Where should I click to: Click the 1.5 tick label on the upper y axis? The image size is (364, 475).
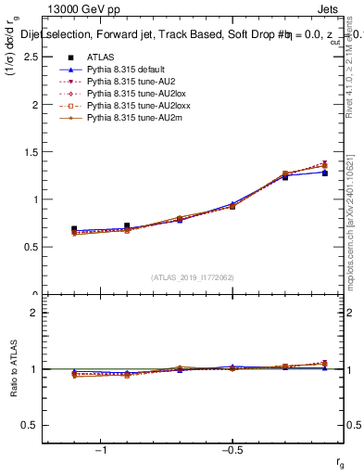point(31,152)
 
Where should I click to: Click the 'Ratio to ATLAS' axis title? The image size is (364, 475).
point(13,369)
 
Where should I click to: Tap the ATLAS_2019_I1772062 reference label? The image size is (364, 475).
point(194,277)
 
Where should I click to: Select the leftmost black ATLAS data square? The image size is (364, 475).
point(74,229)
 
